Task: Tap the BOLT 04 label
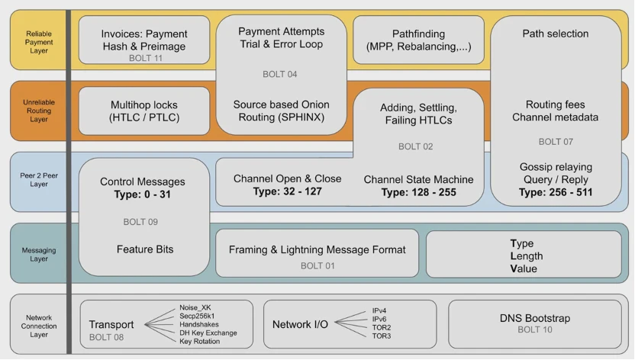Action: [279, 74]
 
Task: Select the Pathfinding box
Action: [418, 40]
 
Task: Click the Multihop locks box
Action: [143, 111]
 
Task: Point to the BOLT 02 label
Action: [415, 146]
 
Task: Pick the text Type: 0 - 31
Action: [143, 194]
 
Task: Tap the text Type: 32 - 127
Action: [287, 191]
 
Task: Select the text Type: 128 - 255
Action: [418, 192]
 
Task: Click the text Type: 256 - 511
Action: [555, 192]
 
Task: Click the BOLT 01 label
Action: [317, 265]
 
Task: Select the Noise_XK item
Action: [195, 307]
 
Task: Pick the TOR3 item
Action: [382, 336]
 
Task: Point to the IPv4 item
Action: [379, 310]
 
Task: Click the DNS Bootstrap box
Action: [534, 324]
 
